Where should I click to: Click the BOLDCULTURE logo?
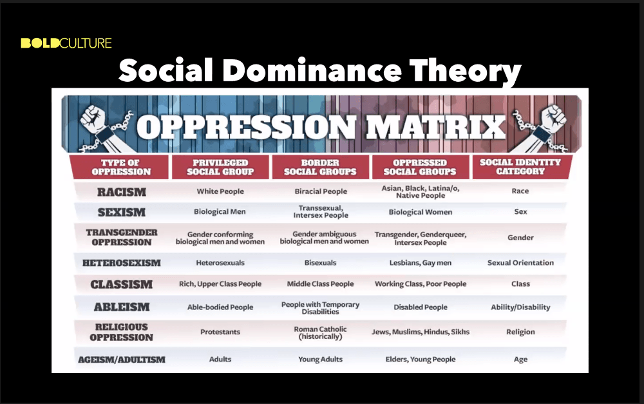click(66, 43)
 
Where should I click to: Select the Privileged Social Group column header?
click(220, 167)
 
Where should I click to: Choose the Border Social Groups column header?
click(320, 167)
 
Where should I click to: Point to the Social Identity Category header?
click(520, 166)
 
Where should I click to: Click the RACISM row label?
click(122, 192)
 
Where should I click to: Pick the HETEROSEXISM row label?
click(122, 263)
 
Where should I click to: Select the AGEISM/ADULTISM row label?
click(122, 360)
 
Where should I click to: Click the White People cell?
click(220, 191)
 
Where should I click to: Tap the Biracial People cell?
click(321, 191)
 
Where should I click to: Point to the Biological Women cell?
click(421, 212)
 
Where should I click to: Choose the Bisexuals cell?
click(320, 263)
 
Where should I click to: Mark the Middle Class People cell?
click(320, 284)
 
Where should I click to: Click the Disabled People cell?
click(421, 307)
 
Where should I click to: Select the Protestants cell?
click(220, 332)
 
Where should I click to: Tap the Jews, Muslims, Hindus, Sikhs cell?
click(421, 332)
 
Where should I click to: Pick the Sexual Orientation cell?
click(520, 263)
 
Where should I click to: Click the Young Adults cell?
click(320, 359)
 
